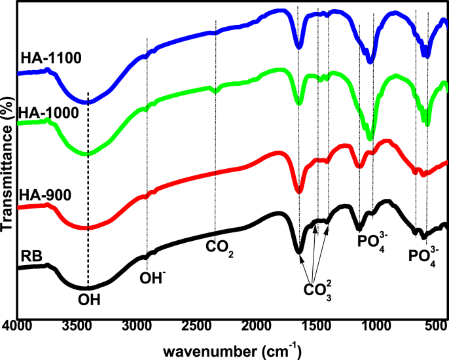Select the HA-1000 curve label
[50, 113]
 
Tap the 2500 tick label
[196, 325]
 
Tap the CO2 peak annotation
[219, 248]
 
